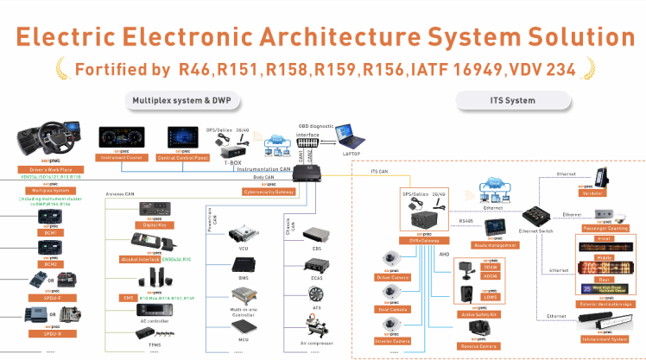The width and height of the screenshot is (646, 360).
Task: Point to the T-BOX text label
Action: pos(232,161)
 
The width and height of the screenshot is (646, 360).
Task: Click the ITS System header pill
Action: pos(508,101)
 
